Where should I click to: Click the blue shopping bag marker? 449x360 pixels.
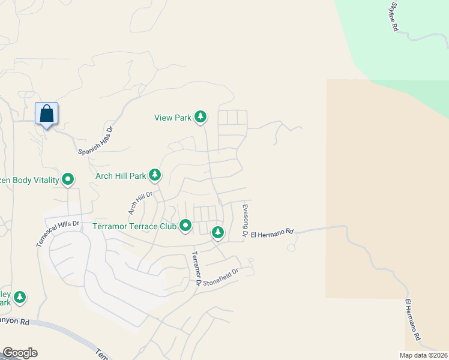tap(47, 114)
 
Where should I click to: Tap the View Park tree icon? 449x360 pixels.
tap(200, 117)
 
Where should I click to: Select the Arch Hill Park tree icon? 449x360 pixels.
tap(155, 175)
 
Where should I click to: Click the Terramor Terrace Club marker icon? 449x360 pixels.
tap(185, 226)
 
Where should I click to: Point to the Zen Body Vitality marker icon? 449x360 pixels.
tap(68, 179)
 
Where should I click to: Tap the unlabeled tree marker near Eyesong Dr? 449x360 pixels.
tap(217, 232)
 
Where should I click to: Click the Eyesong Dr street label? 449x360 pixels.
tap(245, 221)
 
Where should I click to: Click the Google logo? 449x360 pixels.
tap(20, 353)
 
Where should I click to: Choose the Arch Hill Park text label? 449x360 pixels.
tap(121, 176)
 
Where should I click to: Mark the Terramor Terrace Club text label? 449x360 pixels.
tap(134, 227)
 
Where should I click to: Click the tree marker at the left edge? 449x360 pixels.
tap(20, 296)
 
